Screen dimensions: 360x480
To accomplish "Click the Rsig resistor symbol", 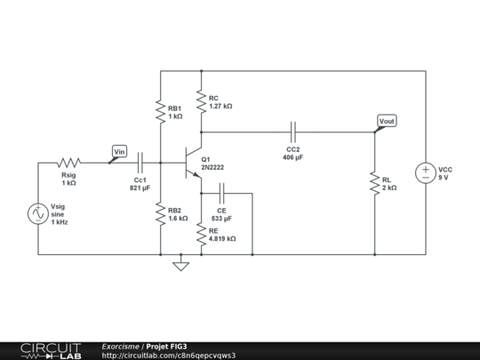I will click(69, 163).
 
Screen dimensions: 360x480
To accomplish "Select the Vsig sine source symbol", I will click(39, 214).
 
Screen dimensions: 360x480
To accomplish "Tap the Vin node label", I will click(118, 152).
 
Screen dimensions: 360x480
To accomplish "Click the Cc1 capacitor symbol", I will click(140, 163).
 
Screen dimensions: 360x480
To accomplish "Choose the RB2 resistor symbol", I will click(161, 214).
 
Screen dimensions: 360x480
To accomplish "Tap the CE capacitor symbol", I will click(222, 190).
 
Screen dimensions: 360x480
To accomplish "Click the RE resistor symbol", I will click(202, 234).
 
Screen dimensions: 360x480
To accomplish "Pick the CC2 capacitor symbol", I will click(292, 132).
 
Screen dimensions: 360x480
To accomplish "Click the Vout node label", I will click(387, 121).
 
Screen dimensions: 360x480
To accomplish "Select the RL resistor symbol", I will click(375, 184).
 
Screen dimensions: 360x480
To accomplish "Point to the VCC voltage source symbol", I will click(426, 173).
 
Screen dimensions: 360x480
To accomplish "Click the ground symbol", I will click(181, 264).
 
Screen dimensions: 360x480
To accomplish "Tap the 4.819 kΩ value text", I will click(222, 239).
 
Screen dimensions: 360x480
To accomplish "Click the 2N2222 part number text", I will click(214, 166).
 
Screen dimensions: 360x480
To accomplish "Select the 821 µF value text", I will click(140, 188).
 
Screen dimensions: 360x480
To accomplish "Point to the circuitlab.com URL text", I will click(169, 356).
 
